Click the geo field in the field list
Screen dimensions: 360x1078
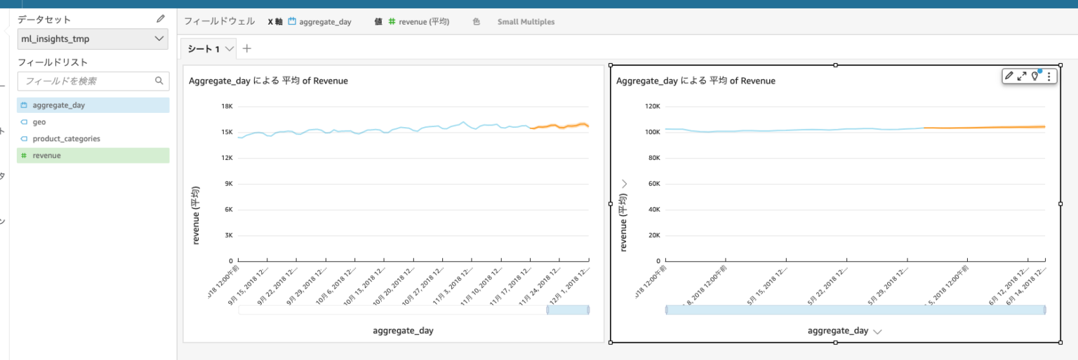tap(39, 122)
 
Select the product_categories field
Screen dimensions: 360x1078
tap(66, 139)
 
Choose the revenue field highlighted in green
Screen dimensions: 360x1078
tap(46, 156)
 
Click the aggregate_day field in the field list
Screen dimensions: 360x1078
tap(58, 105)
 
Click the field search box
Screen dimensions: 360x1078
tap(88, 81)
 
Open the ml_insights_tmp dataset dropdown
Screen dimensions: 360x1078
tap(93, 39)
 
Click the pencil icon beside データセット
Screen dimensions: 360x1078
tap(161, 20)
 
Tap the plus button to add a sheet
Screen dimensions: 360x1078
tap(246, 48)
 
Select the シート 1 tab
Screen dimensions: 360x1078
tap(203, 49)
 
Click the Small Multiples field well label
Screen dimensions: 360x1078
tap(526, 22)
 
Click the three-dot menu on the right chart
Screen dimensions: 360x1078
tap(1049, 76)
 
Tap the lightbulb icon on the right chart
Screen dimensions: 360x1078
tap(1034, 76)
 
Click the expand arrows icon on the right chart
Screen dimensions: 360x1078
tap(1022, 76)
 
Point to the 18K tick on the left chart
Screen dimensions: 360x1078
tap(227, 107)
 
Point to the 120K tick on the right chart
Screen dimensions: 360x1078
tap(651, 107)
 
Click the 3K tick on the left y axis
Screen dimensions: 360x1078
tap(228, 235)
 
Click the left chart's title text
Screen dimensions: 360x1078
tap(268, 81)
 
